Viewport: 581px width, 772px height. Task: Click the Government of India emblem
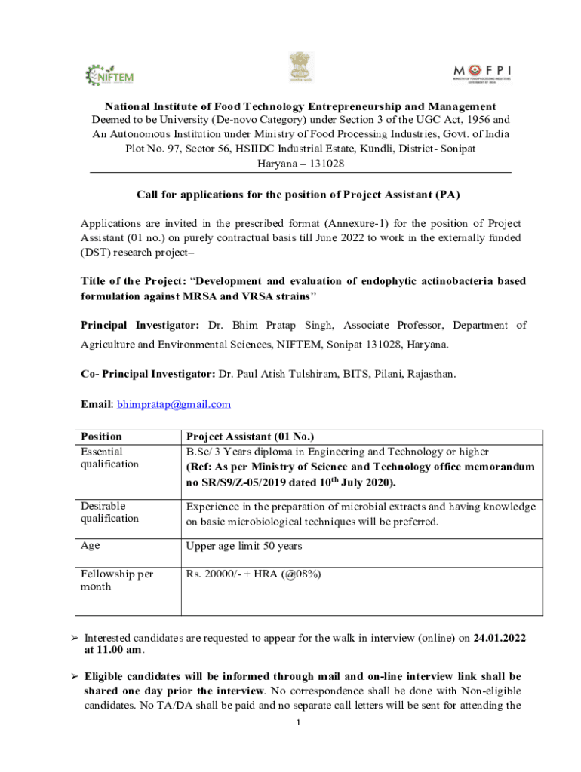click(298, 69)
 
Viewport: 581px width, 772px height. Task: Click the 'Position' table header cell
click(102, 437)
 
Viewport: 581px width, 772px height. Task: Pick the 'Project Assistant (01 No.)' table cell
click(250, 437)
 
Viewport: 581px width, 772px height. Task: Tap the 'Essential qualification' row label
click(110, 458)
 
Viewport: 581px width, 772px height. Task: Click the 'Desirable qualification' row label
click(110, 512)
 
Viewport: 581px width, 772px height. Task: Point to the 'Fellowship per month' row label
click(117, 581)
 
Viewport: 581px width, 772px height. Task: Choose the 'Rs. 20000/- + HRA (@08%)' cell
click(254, 574)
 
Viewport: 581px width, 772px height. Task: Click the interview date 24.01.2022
click(500, 638)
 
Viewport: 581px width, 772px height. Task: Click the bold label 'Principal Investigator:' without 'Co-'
click(140, 325)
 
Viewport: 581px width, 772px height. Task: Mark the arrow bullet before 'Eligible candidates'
click(74, 676)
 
